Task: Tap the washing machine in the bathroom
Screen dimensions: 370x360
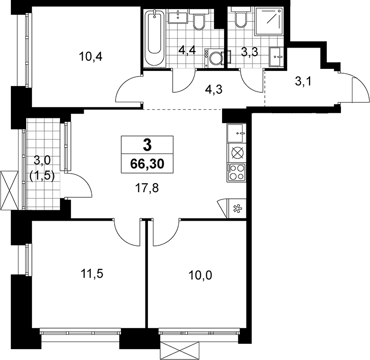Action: click(x=214, y=58)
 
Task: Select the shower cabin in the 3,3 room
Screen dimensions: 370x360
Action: click(x=269, y=22)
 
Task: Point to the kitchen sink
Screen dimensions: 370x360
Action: click(x=236, y=133)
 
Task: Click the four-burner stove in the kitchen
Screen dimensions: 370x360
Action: click(x=236, y=173)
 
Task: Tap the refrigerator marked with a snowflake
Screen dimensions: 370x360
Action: click(x=236, y=209)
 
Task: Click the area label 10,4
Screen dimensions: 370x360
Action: click(x=91, y=57)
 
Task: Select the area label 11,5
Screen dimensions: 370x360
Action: click(x=92, y=274)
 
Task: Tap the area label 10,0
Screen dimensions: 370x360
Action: click(x=200, y=275)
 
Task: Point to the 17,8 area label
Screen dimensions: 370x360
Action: click(x=147, y=188)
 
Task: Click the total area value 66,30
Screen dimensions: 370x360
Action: click(x=147, y=164)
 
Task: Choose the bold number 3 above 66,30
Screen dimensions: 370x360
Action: click(x=147, y=145)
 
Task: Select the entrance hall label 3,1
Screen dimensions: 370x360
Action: click(x=303, y=82)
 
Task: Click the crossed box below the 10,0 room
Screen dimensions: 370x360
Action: click(x=182, y=350)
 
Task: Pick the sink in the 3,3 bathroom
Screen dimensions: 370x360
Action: click(x=275, y=57)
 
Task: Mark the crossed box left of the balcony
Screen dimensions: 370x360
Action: click(x=10, y=190)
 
